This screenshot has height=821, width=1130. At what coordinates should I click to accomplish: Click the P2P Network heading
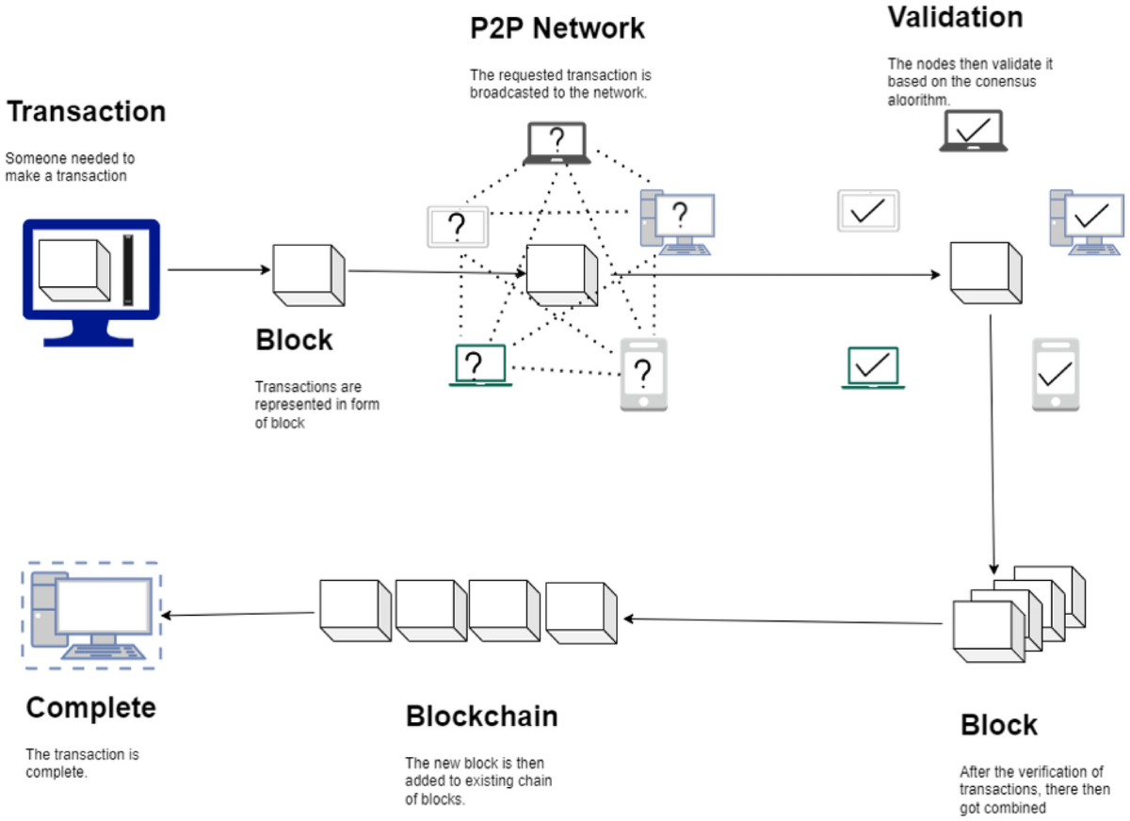[x=557, y=28]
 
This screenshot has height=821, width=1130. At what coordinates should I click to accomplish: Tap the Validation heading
[x=956, y=17]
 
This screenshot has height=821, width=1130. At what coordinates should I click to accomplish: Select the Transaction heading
[x=87, y=111]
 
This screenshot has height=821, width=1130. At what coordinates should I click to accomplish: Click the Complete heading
[x=90, y=708]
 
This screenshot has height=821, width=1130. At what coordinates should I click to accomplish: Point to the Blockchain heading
[x=482, y=716]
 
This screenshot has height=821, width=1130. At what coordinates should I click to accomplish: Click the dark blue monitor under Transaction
[x=91, y=282]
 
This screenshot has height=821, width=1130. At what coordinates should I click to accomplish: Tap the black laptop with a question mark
[x=557, y=143]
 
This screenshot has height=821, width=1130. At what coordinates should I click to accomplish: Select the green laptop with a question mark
[x=480, y=365]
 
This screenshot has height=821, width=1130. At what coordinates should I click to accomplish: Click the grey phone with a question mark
[x=644, y=375]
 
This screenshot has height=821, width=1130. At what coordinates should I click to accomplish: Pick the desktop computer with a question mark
[x=677, y=222]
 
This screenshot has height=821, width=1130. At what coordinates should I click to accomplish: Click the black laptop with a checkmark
[x=973, y=131]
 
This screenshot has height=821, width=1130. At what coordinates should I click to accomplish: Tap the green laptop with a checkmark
[x=873, y=368]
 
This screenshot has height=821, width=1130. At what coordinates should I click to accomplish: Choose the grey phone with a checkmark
[x=1056, y=375]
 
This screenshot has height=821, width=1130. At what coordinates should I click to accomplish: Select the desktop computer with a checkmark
[x=1087, y=222]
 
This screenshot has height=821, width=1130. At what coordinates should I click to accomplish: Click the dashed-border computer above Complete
[x=91, y=616]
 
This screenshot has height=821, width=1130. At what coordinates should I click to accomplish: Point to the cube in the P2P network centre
[x=562, y=275]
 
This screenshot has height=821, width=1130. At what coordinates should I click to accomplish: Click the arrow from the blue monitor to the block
[x=218, y=270]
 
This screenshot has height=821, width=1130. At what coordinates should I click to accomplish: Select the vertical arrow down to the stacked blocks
[x=993, y=444]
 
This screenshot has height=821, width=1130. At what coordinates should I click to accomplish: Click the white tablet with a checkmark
[x=868, y=211]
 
